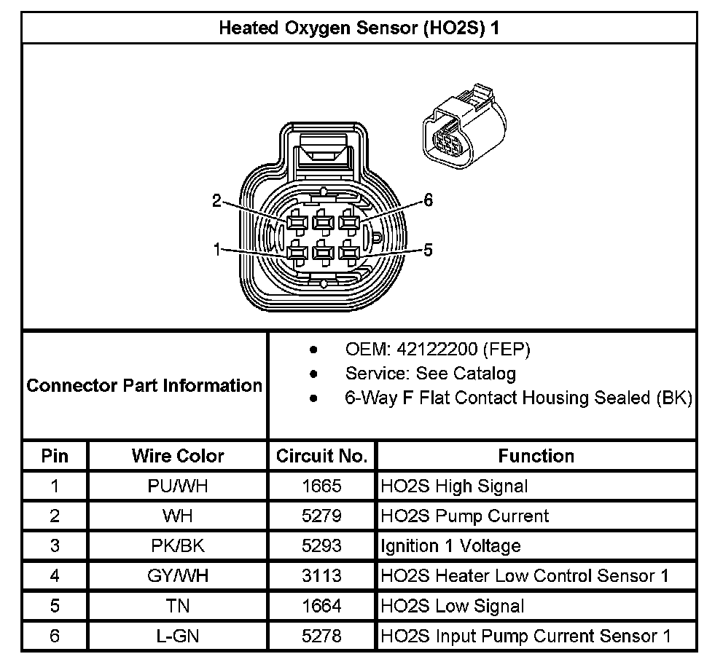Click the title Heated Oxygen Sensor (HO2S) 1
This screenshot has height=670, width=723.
tap(359, 28)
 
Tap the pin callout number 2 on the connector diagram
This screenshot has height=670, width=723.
tap(216, 202)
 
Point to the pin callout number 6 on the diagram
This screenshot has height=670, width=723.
tap(428, 202)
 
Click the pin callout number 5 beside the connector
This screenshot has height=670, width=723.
tap(428, 251)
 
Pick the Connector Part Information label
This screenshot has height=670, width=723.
tap(144, 385)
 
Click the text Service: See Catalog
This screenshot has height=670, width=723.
tap(430, 374)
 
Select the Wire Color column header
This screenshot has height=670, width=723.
tap(178, 456)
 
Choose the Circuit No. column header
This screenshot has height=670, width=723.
tap(321, 456)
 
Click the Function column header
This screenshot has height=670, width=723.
tap(536, 456)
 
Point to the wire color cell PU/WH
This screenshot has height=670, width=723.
tap(178, 486)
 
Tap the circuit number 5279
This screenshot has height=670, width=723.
tap(321, 516)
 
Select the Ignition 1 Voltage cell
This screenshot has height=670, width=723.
tap(450, 546)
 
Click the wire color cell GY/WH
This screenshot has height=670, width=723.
tap(178, 576)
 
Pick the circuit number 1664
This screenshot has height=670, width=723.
tap(321, 606)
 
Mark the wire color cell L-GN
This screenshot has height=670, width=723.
tap(178, 636)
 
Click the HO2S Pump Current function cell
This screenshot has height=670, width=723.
tap(464, 516)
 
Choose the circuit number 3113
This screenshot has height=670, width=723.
tap(321, 576)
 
